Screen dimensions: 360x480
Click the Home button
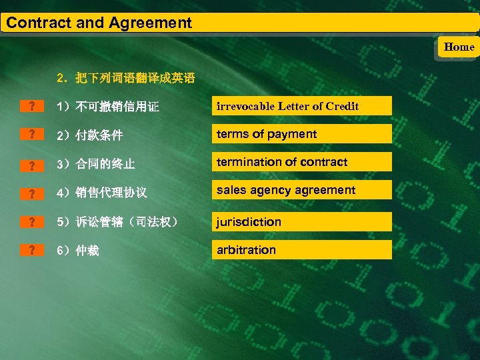459,47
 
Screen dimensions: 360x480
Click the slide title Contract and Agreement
99,23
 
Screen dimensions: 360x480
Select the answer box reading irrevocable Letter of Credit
302,106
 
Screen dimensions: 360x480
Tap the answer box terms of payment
302,134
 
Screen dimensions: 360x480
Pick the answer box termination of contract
302,162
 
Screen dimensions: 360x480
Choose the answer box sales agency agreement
302,190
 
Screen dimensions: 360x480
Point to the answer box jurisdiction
302,222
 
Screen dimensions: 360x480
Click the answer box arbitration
302,250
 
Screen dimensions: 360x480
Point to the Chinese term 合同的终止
105,164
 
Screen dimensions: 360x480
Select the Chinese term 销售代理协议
111,193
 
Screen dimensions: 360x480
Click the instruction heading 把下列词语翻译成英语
135,79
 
